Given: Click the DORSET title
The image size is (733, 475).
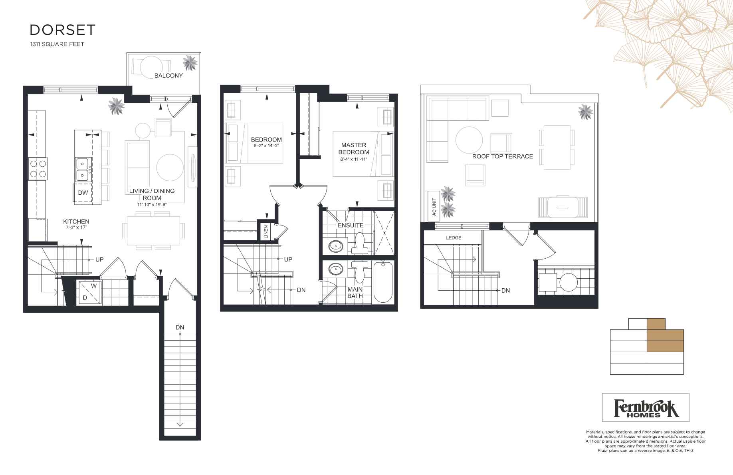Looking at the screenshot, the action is point(62,30).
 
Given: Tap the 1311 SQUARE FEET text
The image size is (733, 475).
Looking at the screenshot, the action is point(57,44).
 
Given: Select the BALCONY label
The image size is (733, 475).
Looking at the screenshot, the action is point(168,76).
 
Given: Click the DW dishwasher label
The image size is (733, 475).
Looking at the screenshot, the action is point(83,193).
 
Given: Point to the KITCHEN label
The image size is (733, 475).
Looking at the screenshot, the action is point(76,222).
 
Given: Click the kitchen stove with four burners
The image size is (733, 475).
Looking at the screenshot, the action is point(38,169).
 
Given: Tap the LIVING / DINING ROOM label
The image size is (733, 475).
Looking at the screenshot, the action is point(152,194).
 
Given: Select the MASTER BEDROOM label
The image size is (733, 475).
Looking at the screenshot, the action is point(354,149).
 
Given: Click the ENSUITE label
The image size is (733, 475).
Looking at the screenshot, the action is point(351,226).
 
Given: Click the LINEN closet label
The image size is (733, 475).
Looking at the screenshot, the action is point(266,232).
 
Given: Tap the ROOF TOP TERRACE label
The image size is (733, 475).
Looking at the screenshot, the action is point(503,156).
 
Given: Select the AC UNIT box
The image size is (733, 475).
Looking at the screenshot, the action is point(434,206).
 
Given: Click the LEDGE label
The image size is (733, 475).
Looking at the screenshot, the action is point(454,237).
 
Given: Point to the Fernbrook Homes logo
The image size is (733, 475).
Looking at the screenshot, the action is point(646,407).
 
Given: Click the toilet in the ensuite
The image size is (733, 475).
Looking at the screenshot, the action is point(360,243).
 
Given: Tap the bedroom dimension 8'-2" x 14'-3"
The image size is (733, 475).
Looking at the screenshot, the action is point(266,146).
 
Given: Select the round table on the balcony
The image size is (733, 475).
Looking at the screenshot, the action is point(151,68).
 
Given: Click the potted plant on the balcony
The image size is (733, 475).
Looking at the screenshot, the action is point(190,63).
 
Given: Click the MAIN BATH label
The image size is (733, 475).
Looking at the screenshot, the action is point(355,293).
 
